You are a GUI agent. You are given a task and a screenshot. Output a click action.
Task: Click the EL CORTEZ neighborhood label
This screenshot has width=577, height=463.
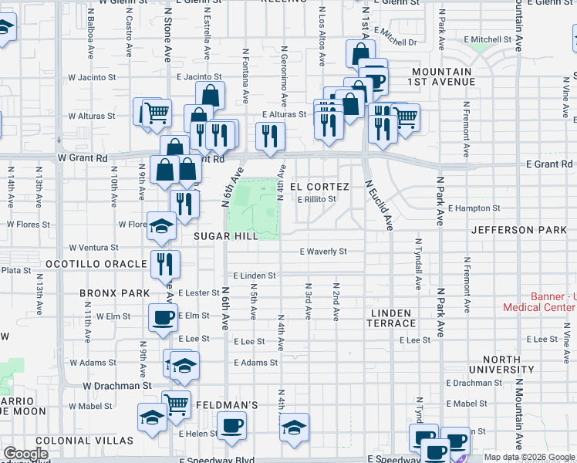(x=319, y=187)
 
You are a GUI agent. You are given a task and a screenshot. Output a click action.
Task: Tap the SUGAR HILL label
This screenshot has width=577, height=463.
(x=225, y=236)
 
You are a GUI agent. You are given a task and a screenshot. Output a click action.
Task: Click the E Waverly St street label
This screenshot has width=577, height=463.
(x=323, y=252)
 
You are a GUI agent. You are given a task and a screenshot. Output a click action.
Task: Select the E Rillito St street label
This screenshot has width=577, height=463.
(x=317, y=199)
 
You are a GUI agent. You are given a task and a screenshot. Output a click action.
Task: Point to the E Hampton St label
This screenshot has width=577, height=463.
(x=474, y=208)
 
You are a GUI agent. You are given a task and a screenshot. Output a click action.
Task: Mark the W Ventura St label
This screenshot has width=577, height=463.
(x=92, y=248)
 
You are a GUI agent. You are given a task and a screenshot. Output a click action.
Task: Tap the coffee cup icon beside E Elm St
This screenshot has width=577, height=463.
(x=163, y=317)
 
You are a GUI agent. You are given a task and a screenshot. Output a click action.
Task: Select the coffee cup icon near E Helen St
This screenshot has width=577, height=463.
(x=231, y=425)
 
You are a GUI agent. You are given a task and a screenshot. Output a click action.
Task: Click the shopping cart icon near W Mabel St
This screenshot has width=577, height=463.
(x=177, y=403)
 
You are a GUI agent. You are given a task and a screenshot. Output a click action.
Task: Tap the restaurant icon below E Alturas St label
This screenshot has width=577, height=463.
(x=270, y=136)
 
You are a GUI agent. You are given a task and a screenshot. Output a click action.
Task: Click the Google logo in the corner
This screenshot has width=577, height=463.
(x=25, y=454)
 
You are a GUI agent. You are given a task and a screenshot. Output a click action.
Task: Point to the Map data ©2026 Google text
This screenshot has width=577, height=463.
(x=529, y=457)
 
